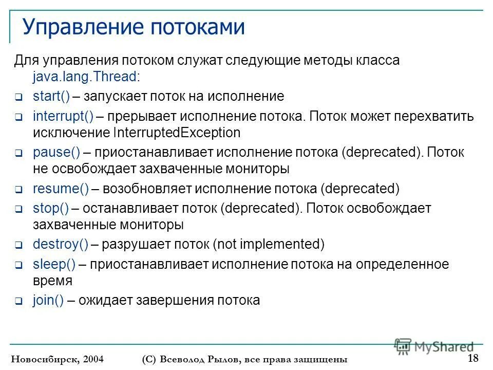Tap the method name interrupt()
pos(63,116)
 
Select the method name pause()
pos(56,153)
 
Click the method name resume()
pos(61,189)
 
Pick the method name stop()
pos(50,209)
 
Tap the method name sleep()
pos(54,264)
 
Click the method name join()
pos(48,300)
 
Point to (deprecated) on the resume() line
pos(360,189)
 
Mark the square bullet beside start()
pos(17,97)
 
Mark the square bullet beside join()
pos(17,302)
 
